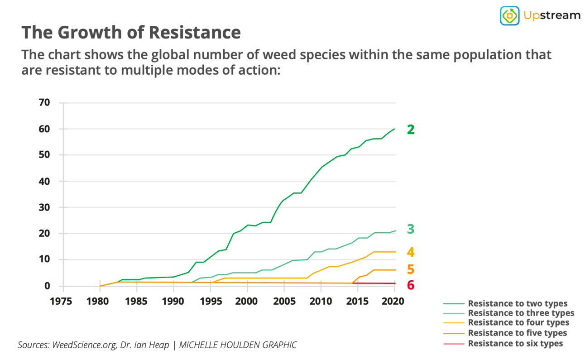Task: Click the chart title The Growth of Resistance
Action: coord(131,33)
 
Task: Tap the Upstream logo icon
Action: coord(509,15)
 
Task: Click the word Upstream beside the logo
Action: coord(551,15)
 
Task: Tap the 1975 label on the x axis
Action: coord(62,302)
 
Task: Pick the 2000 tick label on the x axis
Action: coord(246,302)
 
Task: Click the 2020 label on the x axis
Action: coord(394,302)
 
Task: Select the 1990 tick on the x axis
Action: coord(173,302)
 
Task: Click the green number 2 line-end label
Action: coord(410,130)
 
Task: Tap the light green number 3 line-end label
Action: coord(410,229)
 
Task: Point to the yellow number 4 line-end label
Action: coord(410,252)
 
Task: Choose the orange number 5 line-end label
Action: coord(410,269)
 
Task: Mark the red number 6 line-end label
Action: coord(410,285)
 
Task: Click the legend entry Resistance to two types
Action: coord(517,303)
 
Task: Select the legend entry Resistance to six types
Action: coord(515,343)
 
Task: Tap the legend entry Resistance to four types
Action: coord(518,323)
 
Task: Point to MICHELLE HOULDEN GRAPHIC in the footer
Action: coord(238,345)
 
